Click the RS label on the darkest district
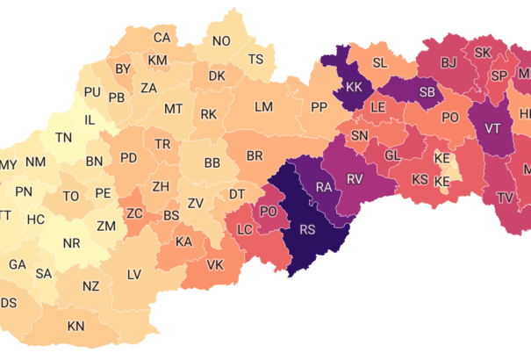coord(307,231)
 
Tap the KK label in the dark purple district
coord(354,88)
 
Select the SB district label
coord(427,92)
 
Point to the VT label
coord(492,129)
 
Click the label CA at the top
coord(162,38)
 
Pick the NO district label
coord(221,41)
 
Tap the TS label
coord(255,60)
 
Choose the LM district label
coord(263,107)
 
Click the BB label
coord(212,163)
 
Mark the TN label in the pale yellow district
coord(64,138)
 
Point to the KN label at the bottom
coord(76,327)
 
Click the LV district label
coord(133,275)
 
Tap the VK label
coord(215,265)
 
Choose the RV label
coord(355,179)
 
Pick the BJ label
coord(448,62)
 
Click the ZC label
coord(135,213)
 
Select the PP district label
coord(319,107)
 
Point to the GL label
coord(392,155)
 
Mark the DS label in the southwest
coord(9,303)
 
